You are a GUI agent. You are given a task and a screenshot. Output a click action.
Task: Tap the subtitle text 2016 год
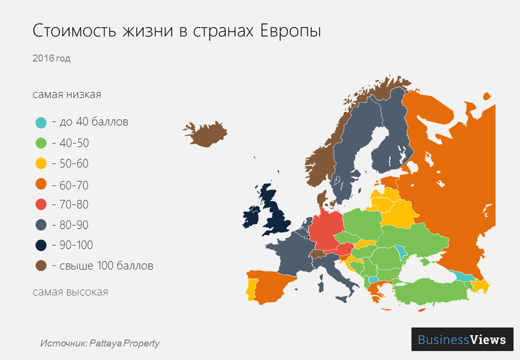(x=51, y=58)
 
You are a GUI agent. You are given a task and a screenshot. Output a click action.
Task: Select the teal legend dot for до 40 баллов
(x=41, y=123)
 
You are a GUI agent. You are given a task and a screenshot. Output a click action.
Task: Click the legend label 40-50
(x=70, y=143)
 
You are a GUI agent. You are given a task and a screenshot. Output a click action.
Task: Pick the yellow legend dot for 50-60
(x=41, y=164)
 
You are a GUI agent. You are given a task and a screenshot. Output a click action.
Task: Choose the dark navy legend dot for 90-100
(x=41, y=245)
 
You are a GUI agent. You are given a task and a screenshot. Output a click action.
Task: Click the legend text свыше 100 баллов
(x=102, y=266)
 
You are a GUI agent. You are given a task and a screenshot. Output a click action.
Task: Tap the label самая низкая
(x=67, y=95)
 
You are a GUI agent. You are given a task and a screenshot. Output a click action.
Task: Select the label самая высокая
(x=70, y=292)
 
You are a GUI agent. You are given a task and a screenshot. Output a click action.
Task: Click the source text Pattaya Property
(x=124, y=343)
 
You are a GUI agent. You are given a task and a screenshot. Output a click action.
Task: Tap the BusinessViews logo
(x=462, y=340)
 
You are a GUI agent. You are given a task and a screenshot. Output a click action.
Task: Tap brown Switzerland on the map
(x=316, y=254)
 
